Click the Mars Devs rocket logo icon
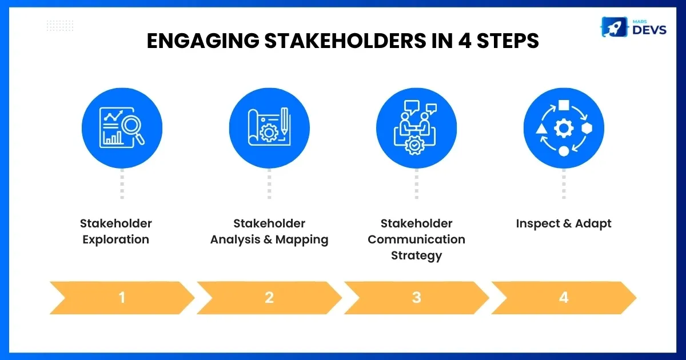pyautogui.click(x=614, y=27)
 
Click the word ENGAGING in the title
pyautogui.click(x=203, y=41)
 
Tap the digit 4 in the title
pyautogui.click(x=465, y=41)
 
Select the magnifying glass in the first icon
pyautogui.click(x=133, y=130)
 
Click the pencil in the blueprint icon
pyautogui.click(x=285, y=121)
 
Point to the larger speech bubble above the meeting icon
pyautogui.click(x=411, y=107)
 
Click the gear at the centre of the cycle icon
pyautogui.click(x=564, y=128)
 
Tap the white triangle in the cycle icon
pyautogui.click(x=541, y=129)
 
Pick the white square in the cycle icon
pyautogui.click(x=564, y=105)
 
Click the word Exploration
pyautogui.click(x=115, y=239)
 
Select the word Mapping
pyautogui.click(x=302, y=239)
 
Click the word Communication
pyautogui.click(x=417, y=239)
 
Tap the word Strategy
pyautogui.click(x=417, y=255)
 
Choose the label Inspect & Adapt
pyautogui.click(x=564, y=224)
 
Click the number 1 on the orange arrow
pyautogui.click(x=122, y=298)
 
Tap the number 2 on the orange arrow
pyautogui.click(x=269, y=298)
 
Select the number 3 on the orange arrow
pyautogui.click(x=417, y=298)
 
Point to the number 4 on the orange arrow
pyautogui.click(x=564, y=298)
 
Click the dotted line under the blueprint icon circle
pyautogui.click(x=269, y=183)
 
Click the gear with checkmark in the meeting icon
pyautogui.click(x=414, y=145)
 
